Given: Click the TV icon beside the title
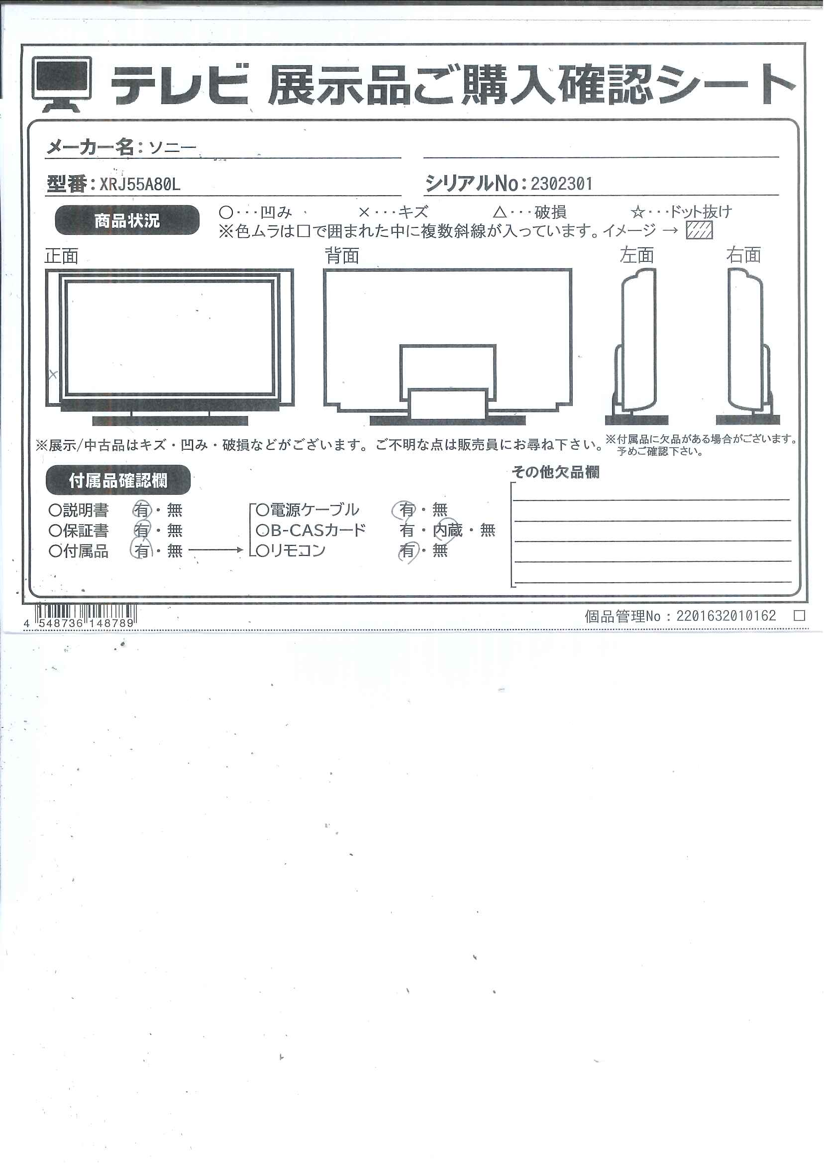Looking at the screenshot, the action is coord(62,84).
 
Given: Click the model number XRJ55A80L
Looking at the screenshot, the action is coord(140,184).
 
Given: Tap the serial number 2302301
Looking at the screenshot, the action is coord(562,184).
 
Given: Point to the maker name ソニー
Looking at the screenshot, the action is coord(173,148).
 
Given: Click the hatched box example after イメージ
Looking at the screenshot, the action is coord(699,230).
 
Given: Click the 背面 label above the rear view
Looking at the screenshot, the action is coord(342,255).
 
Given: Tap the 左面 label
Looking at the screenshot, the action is coord(637,255).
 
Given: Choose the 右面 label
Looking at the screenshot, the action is coord(744,255).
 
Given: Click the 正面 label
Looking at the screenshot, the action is coord(61,256).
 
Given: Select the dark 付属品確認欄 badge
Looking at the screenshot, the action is coord(118,480).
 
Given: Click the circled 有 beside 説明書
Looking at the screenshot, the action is coord(142,510).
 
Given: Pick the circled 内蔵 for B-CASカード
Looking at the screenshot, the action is coord(448,530).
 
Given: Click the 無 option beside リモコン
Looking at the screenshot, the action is coord(440,550).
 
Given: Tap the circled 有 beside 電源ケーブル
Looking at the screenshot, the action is coord(406,510).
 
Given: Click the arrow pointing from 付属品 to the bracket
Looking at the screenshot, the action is coord(216,550).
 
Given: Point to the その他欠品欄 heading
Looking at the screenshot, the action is coord(556,472).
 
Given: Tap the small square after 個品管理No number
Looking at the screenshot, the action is coord(800,616).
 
